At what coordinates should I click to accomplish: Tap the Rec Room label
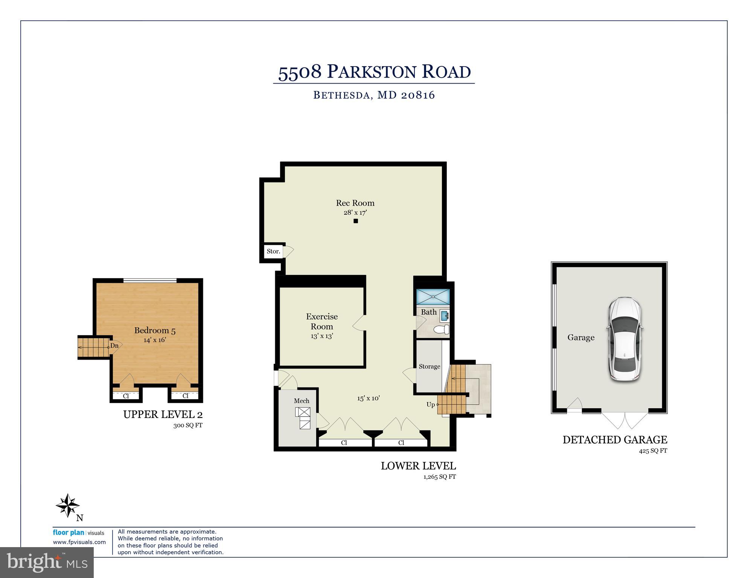(x=355, y=203)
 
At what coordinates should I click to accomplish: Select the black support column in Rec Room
(x=355, y=221)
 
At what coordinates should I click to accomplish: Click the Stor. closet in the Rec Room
(x=273, y=251)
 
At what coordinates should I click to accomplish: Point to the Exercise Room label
(x=321, y=322)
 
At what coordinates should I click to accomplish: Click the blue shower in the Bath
(x=433, y=297)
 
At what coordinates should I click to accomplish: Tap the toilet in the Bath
(x=442, y=330)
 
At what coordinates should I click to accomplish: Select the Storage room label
(x=429, y=366)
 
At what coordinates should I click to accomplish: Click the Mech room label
(x=302, y=401)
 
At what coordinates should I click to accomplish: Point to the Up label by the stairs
(x=430, y=404)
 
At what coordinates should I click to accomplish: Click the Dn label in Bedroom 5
(x=114, y=346)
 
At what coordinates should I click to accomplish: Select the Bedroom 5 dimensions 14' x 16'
(x=155, y=340)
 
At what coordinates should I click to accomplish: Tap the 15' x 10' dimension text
(x=368, y=398)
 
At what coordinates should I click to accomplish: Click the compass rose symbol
(x=68, y=505)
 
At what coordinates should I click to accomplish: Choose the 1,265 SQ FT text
(x=439, y=477)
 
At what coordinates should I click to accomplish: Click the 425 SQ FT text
(x=653, y=451)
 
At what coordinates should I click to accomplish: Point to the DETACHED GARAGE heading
(x=615, y=440)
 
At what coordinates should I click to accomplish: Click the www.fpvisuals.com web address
(x=79, y=542)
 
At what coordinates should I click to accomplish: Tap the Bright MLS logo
(x=47, y=563)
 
